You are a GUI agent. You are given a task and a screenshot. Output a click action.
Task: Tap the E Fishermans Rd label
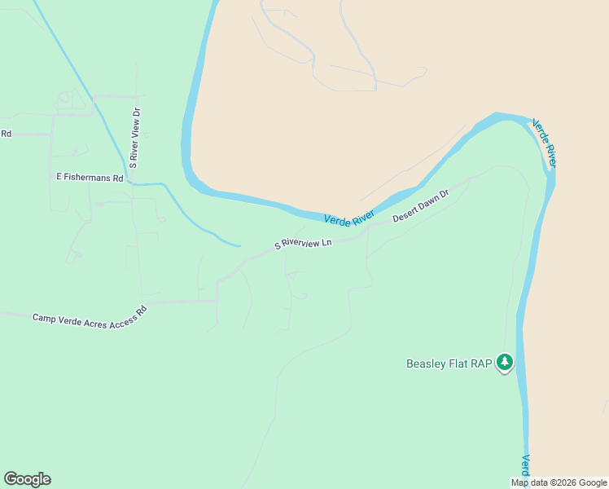tap(90, 177)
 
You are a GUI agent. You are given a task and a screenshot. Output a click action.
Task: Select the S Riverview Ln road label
tap(304, 244)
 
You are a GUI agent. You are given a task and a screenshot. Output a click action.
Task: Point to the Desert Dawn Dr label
tap(421, 206)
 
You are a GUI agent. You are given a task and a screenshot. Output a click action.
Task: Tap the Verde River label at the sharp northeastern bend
tap(544, 144)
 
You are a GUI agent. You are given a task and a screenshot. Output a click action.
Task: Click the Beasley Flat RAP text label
tap(449, 363)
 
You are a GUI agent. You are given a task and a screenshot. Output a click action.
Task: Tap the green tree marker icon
tap(505, 362)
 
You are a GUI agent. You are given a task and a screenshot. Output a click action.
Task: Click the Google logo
tap(27, 479)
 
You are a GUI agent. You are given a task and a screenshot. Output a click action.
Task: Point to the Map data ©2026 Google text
tap(559, 482)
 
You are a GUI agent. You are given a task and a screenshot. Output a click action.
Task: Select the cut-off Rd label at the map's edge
tap(6, 134)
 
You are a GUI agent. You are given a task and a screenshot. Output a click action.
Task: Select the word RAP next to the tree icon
tap(481, 363)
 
